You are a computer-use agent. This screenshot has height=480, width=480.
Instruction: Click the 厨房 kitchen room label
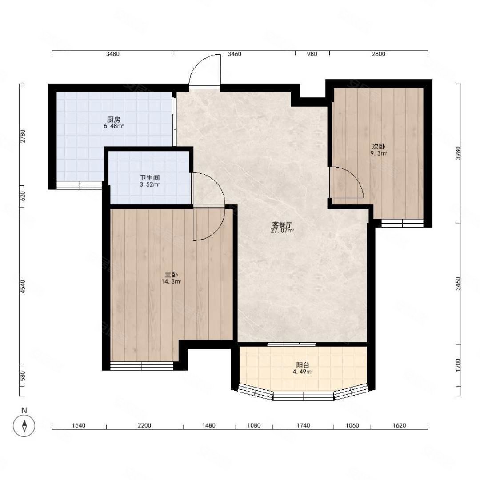[113, 120]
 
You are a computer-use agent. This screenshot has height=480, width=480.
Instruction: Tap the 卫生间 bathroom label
[150, 178]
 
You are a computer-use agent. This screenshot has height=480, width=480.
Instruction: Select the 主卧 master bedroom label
[172, 275]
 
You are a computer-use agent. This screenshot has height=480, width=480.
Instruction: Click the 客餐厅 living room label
[282, 224]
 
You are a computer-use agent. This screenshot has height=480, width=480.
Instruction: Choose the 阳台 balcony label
[303, 365]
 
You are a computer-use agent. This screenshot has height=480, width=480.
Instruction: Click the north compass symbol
[24, 425]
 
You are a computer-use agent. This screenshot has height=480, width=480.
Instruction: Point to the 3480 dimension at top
[112, 54]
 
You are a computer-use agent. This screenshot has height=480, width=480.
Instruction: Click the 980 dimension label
[312, 54]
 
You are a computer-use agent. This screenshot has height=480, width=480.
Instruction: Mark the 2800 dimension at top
[379, 54]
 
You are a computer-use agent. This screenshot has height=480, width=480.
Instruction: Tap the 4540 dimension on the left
[23, 287]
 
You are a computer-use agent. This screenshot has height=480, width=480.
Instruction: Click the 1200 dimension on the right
[458, 365]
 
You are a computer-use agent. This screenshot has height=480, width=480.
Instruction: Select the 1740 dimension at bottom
[303, 425]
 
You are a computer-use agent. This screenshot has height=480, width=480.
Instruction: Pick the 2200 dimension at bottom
[144, 425]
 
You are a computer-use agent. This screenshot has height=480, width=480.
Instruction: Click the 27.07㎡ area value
[282, 231]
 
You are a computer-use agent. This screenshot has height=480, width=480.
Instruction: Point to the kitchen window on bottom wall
[79, 185]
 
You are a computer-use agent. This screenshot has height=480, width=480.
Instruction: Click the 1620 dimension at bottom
[399, 425]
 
